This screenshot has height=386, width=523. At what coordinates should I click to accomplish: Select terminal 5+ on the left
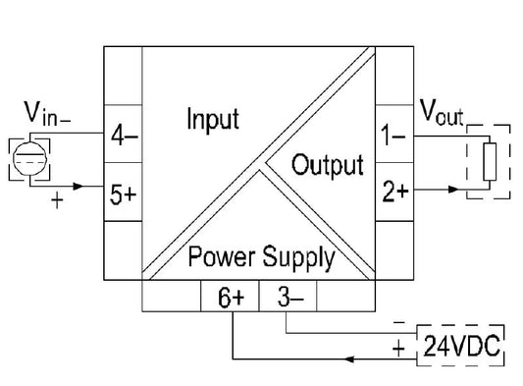pyautogui.click(x=123, y=193)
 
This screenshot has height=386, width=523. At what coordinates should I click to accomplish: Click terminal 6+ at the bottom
pyautogui.click(x=231, y=296)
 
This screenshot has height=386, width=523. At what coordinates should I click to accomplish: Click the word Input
pyautogui.click(x=212, y=120)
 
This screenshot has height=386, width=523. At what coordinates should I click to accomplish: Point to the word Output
pyautogui.click(x=328, y=164)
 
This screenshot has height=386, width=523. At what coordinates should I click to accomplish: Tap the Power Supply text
pyautogui.click(x=260, y=258)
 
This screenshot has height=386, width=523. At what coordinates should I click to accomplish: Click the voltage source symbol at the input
pyautogui.click(x=29, y=158)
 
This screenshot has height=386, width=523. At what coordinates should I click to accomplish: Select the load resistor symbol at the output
pyautogui.click(x=488, y=161)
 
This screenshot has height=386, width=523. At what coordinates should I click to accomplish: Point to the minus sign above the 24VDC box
pyautogui.click(x=397, y=321)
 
